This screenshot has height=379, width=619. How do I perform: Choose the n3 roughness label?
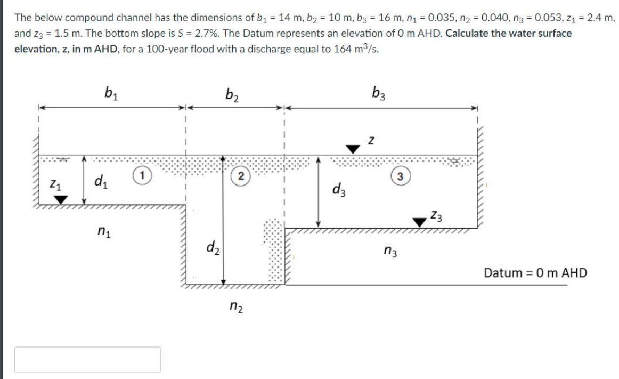point(391,250)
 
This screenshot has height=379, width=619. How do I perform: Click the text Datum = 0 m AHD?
point(535,273)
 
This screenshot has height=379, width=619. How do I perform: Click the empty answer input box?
point(87,359)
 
